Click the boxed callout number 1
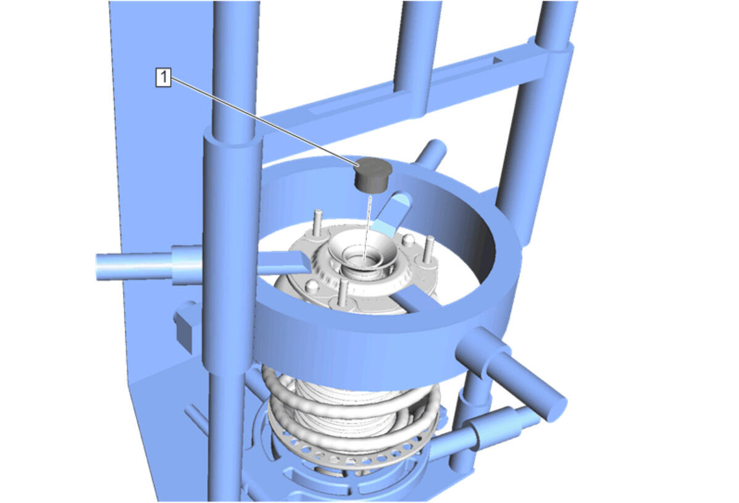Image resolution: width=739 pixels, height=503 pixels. coord(163,77)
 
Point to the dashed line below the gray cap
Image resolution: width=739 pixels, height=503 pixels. coord(368,226)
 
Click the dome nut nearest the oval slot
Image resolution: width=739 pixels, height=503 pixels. coord(408,241)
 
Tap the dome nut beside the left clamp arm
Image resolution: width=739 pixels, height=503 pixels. coord(311,286)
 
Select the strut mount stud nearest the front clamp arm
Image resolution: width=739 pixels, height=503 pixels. coord(344,292)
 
